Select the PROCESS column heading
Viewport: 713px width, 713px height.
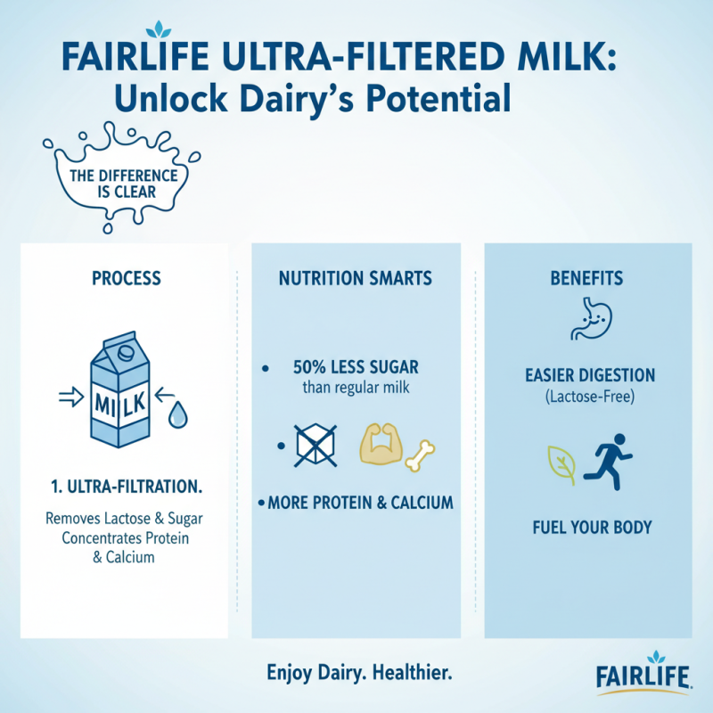coord(127,278)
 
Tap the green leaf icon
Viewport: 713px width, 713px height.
coord(561,464)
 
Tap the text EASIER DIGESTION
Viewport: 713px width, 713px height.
coord(589,376)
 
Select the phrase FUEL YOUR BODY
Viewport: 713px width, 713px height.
coord(589,527)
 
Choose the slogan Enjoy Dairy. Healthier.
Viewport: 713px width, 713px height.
coord(359,673)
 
